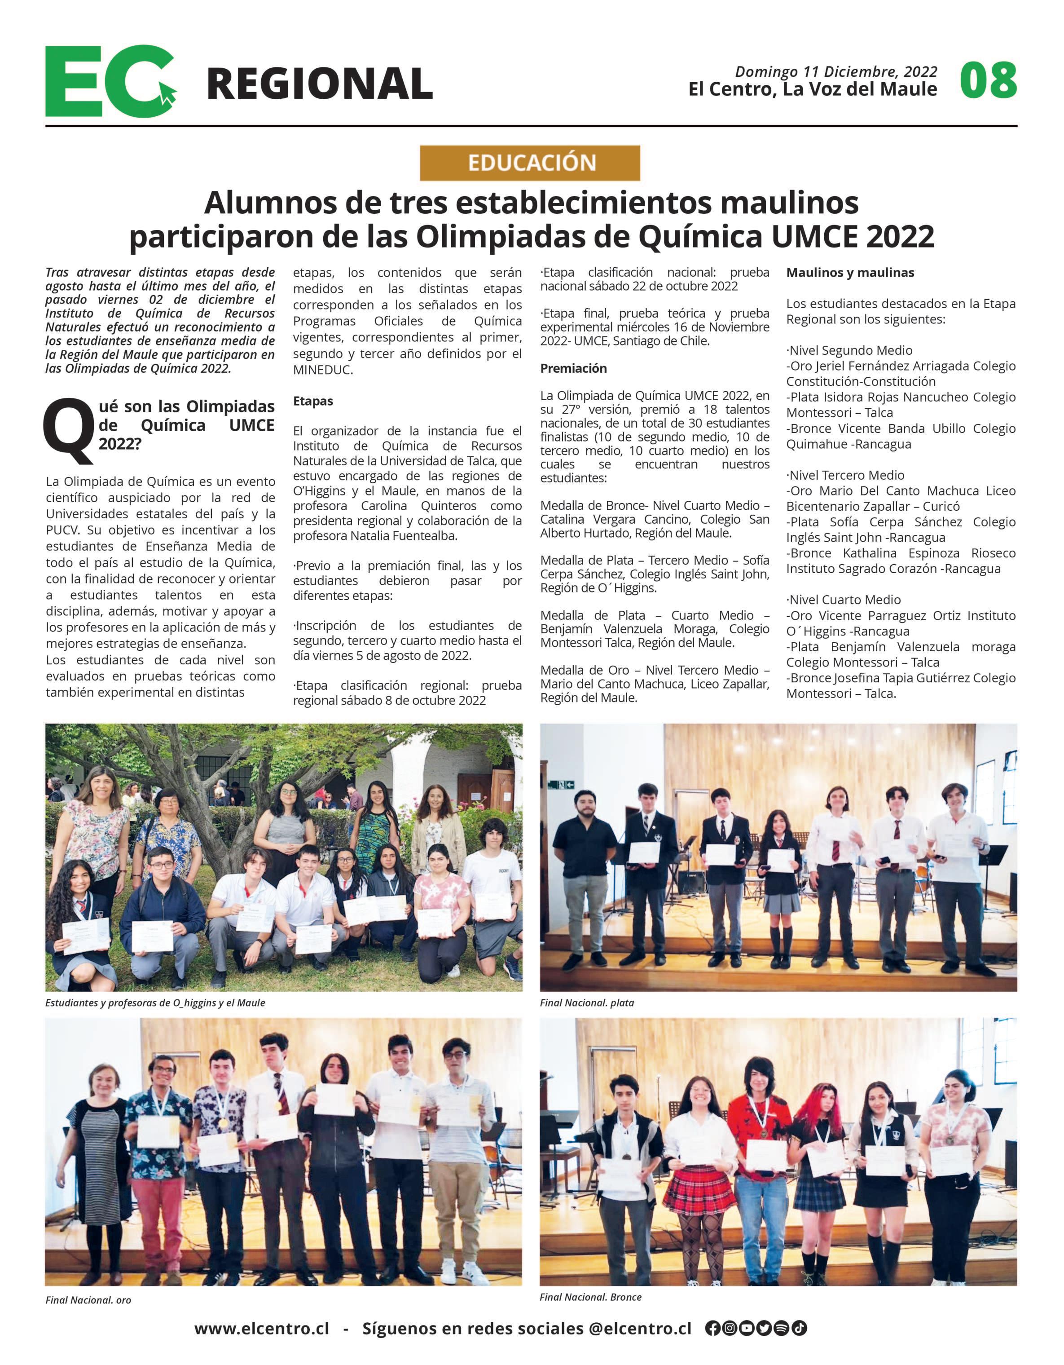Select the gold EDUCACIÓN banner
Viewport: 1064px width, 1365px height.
tap(530, 163)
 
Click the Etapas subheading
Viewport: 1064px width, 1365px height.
tap(313, 401)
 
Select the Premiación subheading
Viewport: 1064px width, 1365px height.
tap(573, 368)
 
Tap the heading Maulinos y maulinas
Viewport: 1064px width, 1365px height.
tap(850, 273)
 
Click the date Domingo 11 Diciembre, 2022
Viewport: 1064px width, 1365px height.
tap(836, 72)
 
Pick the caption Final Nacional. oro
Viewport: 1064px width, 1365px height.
tap(88, 1300)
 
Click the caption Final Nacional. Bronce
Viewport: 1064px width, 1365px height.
tap(590, 1297)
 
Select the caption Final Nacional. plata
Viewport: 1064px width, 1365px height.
tap(587, 1003)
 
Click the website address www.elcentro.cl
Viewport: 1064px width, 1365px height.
tap(261, 1328)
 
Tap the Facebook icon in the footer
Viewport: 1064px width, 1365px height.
tap(712, 1328)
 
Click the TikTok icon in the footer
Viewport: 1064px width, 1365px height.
tap(800, 1328)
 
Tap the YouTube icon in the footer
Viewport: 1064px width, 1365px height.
tap(747, 1328)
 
